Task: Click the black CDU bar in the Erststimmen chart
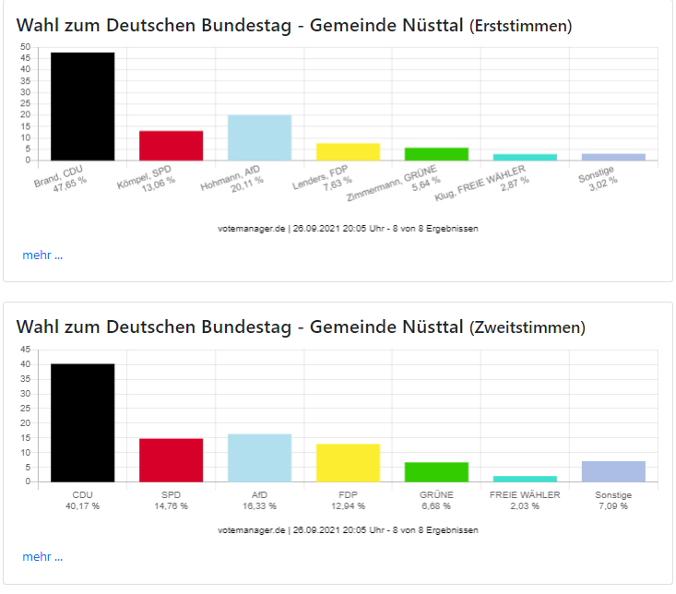(x=82, y=106)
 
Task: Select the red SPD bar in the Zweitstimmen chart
(x=171, y=459)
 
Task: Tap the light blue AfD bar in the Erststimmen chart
(x=259, y=137)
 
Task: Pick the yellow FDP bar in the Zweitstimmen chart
(x=348, y=462)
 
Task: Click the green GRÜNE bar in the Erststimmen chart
(x=436, y=154)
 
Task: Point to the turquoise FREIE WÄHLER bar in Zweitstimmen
(x=525, y=478)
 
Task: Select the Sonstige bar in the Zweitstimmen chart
(x=613, y=470)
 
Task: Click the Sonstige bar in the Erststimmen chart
(x=613, y=157)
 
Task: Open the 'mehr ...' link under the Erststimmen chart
(x=42, y=255)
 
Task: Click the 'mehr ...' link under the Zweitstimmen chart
(x=42, y=557)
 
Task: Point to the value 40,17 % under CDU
(x=82, y=505)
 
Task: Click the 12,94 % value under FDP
(x=348, y=505)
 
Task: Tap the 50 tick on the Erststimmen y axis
(x=25, y=46)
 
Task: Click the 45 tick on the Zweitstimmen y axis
(x=25, y=349)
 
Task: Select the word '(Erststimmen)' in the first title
(x=520, y=26)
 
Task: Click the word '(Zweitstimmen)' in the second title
(x=527, y=327)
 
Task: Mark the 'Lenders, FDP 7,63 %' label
(x=323, y=175)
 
